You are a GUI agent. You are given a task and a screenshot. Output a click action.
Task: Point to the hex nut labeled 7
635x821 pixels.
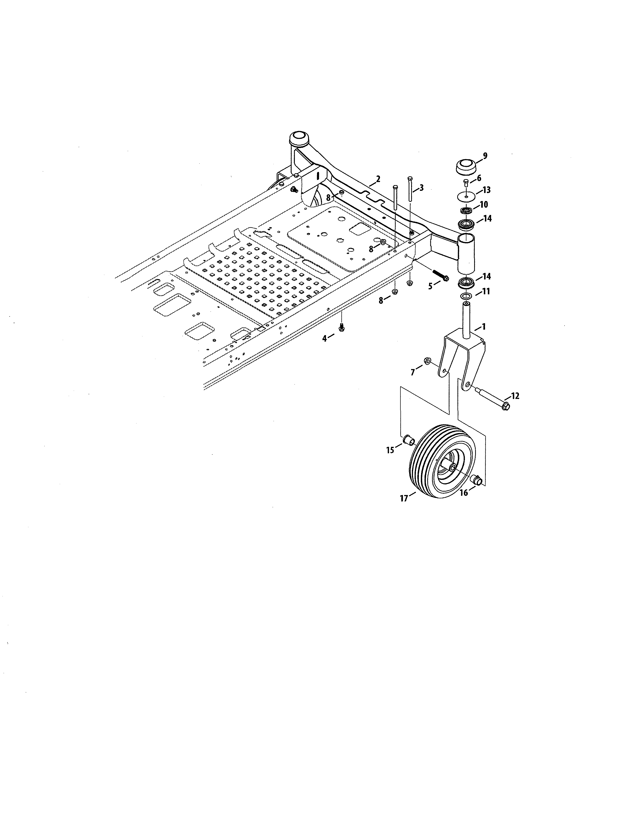point(427,361)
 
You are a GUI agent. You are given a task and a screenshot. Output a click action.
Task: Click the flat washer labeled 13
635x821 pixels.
point(466,196)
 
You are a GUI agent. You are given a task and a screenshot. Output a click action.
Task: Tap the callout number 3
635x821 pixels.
point(421,188)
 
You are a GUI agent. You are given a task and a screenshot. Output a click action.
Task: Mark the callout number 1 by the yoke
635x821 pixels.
point(484,327)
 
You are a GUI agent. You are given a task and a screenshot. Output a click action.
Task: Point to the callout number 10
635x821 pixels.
point(484,205)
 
